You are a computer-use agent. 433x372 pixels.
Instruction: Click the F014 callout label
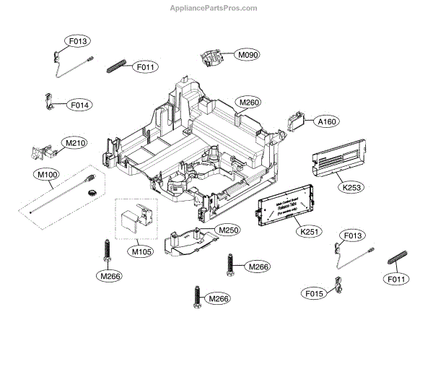[79, 105]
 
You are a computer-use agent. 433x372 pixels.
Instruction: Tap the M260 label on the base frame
[249, 103]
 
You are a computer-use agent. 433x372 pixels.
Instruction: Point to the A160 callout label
[327, 121]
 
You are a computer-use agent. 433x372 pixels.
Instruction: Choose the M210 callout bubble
[75, 143]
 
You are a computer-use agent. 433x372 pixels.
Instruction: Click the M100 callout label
[46, 175]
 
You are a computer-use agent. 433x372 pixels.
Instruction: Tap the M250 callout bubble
[228, 230]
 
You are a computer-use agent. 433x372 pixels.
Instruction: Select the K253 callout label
[351, 188]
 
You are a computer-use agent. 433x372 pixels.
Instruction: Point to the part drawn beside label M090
[212, 58]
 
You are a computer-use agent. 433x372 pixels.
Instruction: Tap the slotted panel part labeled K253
[339, 160]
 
